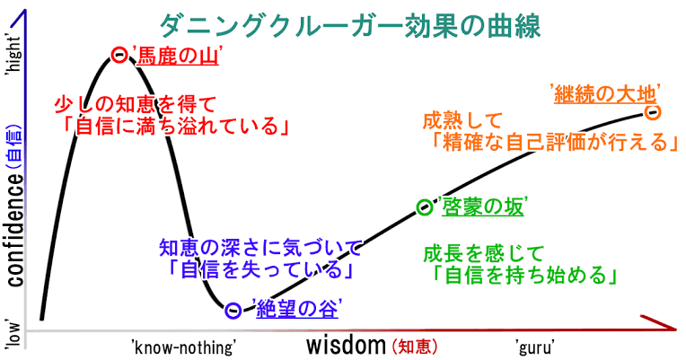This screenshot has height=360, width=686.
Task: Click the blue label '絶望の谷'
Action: (x=295, y=310)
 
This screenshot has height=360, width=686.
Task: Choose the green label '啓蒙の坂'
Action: (x=480, y=206)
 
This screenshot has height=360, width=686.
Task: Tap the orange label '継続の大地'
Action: (x=605, y=93)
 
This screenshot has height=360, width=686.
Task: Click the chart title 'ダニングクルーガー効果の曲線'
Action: (x=350, y=26)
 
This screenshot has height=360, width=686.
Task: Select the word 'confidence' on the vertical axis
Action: (x=16, y=229)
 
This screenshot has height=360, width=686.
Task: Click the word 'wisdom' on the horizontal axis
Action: (x=346, y=345)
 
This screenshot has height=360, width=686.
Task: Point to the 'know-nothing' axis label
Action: (x=184, y=347)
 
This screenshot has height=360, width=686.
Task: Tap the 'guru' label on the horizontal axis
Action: (x=534, y=347)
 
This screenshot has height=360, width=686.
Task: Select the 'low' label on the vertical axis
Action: (x=13, y=336)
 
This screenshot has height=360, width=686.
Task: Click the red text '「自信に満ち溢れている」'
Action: (x=176, y=126)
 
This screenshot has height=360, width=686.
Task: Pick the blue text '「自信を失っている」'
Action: (x=260, y=268)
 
